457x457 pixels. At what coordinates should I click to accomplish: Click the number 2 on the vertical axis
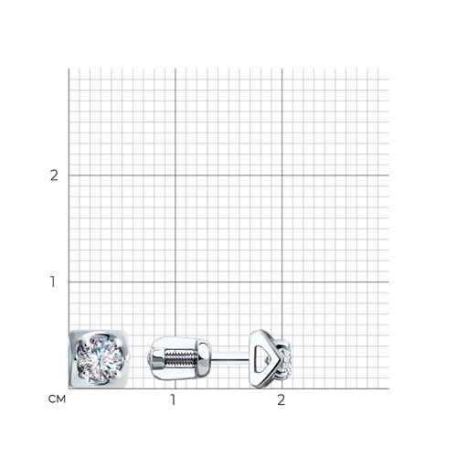coord(54,175)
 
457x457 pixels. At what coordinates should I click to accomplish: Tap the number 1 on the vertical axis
coord(53,282)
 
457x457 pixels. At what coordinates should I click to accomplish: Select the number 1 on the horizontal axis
coord(174,399)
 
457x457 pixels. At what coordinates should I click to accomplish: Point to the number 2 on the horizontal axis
coord(282,399)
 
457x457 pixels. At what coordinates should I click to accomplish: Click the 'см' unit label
coord(57,399)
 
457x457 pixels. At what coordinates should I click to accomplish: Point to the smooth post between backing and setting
coord(230,357)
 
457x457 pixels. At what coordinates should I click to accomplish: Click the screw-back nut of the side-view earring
coord(181,358)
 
